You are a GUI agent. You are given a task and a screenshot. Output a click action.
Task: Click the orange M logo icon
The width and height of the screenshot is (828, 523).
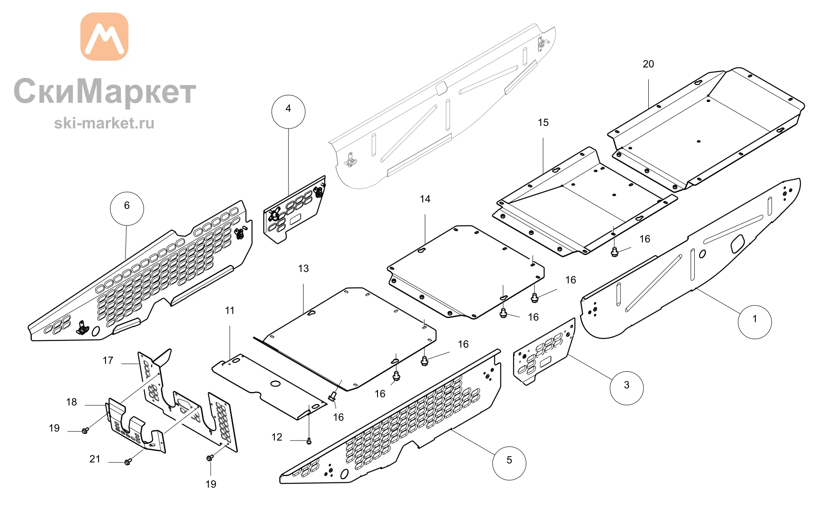click(x=104, y=36)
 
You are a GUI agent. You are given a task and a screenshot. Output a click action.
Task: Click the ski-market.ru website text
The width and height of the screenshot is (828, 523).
click(x=104, y=123)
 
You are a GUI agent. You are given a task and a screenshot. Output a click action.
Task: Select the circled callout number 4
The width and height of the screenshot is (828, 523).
click(x=289, y=112)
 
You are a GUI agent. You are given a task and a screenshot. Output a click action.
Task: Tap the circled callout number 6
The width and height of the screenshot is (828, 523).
click(x=127, y=208)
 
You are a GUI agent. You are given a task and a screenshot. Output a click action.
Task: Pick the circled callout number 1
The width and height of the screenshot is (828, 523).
click(x=755, y=322)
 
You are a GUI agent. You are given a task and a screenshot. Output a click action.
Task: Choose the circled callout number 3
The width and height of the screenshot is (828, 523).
click(x=627, y=388)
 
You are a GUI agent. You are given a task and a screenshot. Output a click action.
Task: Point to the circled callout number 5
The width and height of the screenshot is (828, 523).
click(x=509, y=463)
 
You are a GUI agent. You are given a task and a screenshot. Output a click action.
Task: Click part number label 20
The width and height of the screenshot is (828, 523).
click(x=648, y=64)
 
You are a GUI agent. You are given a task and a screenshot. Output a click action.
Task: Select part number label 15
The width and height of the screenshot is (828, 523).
click(x=543, y=123)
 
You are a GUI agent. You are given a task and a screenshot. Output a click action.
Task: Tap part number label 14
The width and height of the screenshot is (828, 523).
click(x=425, y=199)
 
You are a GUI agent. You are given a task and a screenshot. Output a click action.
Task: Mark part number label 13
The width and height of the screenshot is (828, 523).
click(x=303, y=269)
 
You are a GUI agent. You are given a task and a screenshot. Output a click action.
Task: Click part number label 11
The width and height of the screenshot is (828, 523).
click(x=230, y=311)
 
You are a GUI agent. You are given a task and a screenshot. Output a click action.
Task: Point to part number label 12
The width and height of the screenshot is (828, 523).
click(x=277, y=437)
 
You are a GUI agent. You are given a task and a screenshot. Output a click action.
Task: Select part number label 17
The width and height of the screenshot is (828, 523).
click(x=108, y=361)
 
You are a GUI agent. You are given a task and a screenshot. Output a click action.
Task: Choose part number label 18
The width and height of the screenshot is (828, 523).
click(x=72, y=402)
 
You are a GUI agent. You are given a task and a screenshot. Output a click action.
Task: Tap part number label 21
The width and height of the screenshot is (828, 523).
click(x=95, y=459)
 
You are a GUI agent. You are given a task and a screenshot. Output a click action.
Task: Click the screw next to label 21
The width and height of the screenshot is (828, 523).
click(x=128, y=461)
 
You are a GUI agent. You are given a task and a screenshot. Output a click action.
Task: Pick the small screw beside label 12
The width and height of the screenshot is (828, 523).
click(x=309, y=441)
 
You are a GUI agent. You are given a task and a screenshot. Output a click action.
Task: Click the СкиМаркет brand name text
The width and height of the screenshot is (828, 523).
click(x=105, y=91)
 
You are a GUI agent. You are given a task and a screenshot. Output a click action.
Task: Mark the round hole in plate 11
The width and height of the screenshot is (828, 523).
click(x=275, y=383)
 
